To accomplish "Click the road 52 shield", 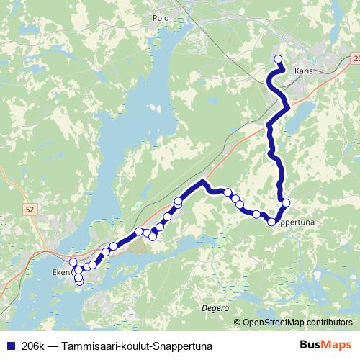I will point(29,210).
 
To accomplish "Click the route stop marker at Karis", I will point(279,60).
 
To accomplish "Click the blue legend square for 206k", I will point(9,345).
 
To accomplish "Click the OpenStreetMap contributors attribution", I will point(297,323).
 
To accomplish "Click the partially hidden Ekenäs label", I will point(60,273).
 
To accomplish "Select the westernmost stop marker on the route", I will point(72,262).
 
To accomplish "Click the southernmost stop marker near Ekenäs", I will point(79,282).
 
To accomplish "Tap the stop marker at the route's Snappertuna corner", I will point(272,222).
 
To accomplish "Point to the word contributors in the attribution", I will point(328,323).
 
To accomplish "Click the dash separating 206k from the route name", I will point(52,345).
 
